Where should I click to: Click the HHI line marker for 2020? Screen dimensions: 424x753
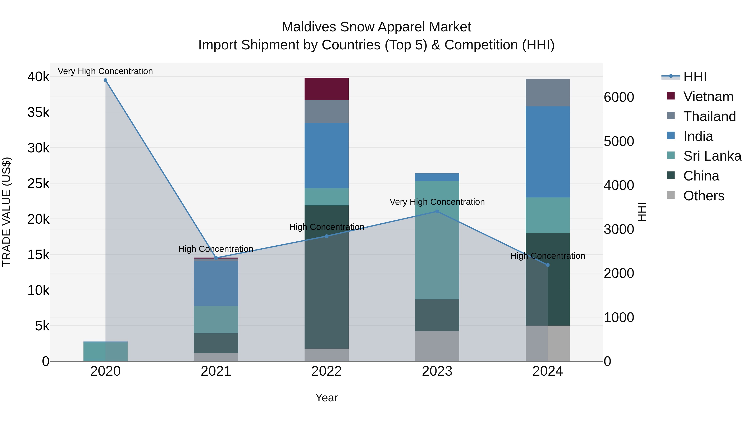[106, 80]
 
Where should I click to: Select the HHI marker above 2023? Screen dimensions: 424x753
[437, 211]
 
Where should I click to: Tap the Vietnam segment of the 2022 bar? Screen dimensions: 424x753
[327, 89]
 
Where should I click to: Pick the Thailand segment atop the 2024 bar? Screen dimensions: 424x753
[548, 93]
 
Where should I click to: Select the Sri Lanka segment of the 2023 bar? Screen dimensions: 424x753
[437, 240]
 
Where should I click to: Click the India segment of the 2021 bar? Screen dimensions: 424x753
[216, 283]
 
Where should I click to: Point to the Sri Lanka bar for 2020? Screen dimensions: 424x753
[106, 351]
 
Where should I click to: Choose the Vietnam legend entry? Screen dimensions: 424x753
[708, 97]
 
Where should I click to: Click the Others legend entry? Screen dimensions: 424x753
[704, 196]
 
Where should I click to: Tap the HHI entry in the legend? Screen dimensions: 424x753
[695, 77]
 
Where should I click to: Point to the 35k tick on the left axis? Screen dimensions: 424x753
[38, 112]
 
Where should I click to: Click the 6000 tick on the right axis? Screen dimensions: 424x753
[619, 97]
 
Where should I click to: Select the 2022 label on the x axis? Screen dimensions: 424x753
[327, 371]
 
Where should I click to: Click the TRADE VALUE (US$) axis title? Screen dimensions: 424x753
[6, 212]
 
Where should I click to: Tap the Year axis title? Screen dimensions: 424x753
[327, 398]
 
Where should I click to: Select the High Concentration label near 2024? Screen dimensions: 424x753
[548, 256]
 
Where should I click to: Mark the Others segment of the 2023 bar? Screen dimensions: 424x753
[437, 346]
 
